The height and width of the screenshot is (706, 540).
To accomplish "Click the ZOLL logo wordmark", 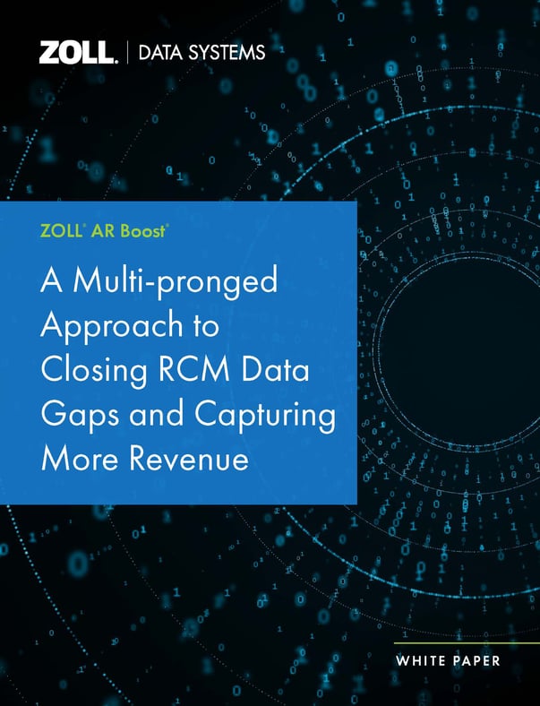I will pos(78,53).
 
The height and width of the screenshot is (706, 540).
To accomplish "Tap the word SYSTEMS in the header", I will pos(228,54).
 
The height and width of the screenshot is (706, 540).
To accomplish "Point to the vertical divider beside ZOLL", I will pos(126,53).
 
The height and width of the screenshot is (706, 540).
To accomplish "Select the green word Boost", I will pos(142,230).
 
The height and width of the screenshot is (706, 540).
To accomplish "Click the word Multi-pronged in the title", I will pos(176,283).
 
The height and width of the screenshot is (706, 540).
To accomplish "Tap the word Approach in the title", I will pos(99,326).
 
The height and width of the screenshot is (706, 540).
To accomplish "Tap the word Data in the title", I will pos(281,370).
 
